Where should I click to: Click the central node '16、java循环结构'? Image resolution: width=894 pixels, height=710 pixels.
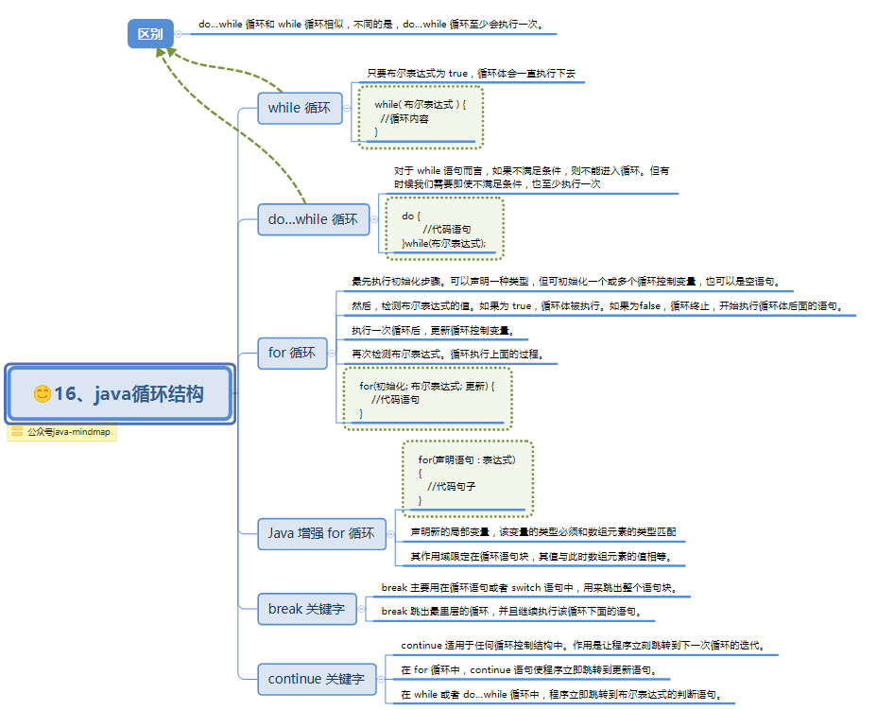point(119,394)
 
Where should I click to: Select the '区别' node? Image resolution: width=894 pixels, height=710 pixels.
point(150,34)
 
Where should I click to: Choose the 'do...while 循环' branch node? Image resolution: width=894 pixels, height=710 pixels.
point(313,219)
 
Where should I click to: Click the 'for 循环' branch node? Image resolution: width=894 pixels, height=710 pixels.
point(292,353)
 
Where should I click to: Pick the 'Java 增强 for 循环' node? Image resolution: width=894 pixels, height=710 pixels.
point(321,533)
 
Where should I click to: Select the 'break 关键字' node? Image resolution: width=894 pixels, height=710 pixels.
point(306,609)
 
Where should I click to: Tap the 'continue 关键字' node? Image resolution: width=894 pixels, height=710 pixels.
point(316,679)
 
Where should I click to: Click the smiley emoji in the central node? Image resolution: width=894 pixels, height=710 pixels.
point(42,394)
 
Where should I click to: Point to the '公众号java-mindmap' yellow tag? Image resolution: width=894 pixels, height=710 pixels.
point(62,433)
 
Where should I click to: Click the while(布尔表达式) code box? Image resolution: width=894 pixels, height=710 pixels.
point(420,117)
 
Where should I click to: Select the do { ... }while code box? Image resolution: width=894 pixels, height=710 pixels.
point(443,229)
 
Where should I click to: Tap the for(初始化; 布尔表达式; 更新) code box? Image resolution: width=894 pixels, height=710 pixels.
point(428,399)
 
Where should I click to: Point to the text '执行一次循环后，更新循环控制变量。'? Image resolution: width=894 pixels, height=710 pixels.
point(432,331)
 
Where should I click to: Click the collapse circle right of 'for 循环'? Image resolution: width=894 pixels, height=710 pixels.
point(333,353)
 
